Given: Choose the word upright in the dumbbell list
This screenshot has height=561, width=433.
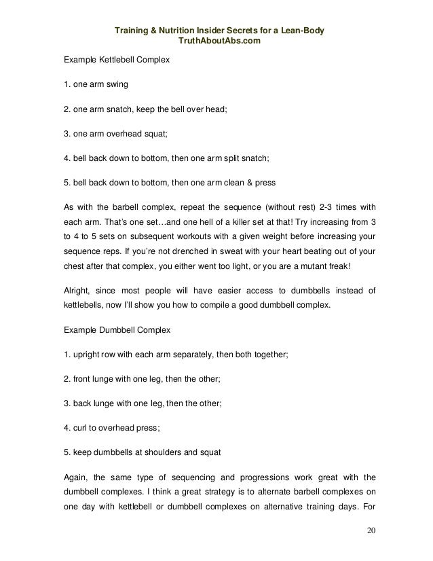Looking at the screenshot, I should click(86, 353).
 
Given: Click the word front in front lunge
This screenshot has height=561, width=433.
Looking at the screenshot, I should click(81, 378).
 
